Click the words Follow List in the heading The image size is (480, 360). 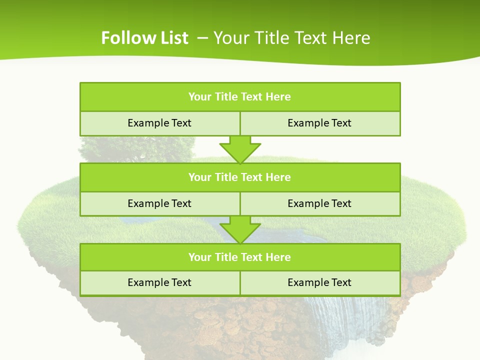click(x=144, y=38)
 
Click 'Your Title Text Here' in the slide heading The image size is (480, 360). click(x=292, y=38)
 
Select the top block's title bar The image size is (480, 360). click(x=240, y=97)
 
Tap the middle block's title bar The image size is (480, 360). click(x=240, y=177)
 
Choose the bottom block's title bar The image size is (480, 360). click(x=240, y=257)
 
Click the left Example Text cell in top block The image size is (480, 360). click(x=159, y=123)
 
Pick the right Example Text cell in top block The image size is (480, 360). click(x=320, y=123)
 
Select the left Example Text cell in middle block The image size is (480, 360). click(x=159, y=203)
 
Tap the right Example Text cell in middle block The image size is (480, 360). click(x=320, y=203)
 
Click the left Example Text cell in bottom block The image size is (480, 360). click(x=159, y=282)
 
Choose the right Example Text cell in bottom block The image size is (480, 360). click(x=320, y=282)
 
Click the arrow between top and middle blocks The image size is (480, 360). click(x=240, y=149)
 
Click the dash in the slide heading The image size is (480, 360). click(x=202, y=38)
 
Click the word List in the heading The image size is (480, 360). click(x=172, y=38)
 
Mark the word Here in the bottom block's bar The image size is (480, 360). click(x=278, y=257)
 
